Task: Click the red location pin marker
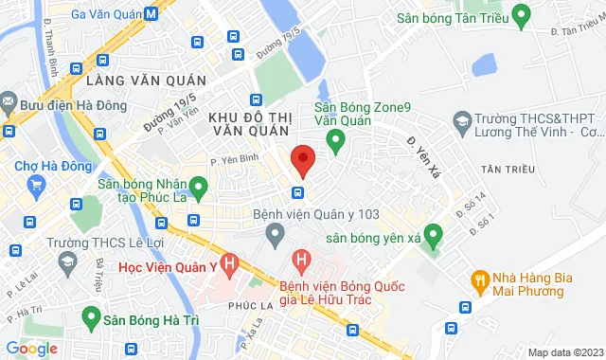302,160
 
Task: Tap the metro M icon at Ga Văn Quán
151,14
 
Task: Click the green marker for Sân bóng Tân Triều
520,16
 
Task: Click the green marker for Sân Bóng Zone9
334,142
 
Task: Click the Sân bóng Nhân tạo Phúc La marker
199,186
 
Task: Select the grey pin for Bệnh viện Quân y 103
276,232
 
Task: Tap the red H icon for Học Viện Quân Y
228,261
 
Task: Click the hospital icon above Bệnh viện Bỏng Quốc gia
301,258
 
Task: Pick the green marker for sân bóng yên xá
433,233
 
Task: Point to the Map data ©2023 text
564,352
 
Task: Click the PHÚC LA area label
247,306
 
